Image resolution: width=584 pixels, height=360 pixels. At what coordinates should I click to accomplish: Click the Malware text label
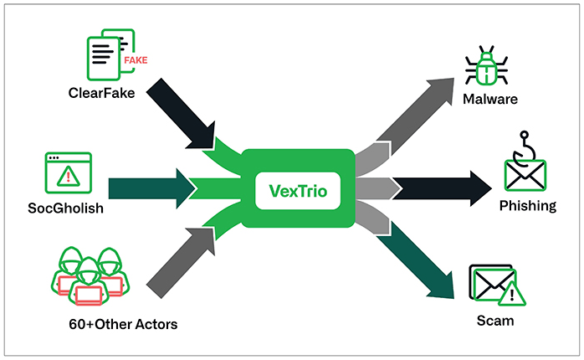(x=490, y=100)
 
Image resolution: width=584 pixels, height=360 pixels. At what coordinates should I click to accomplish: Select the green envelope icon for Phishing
(x=525, y=174)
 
